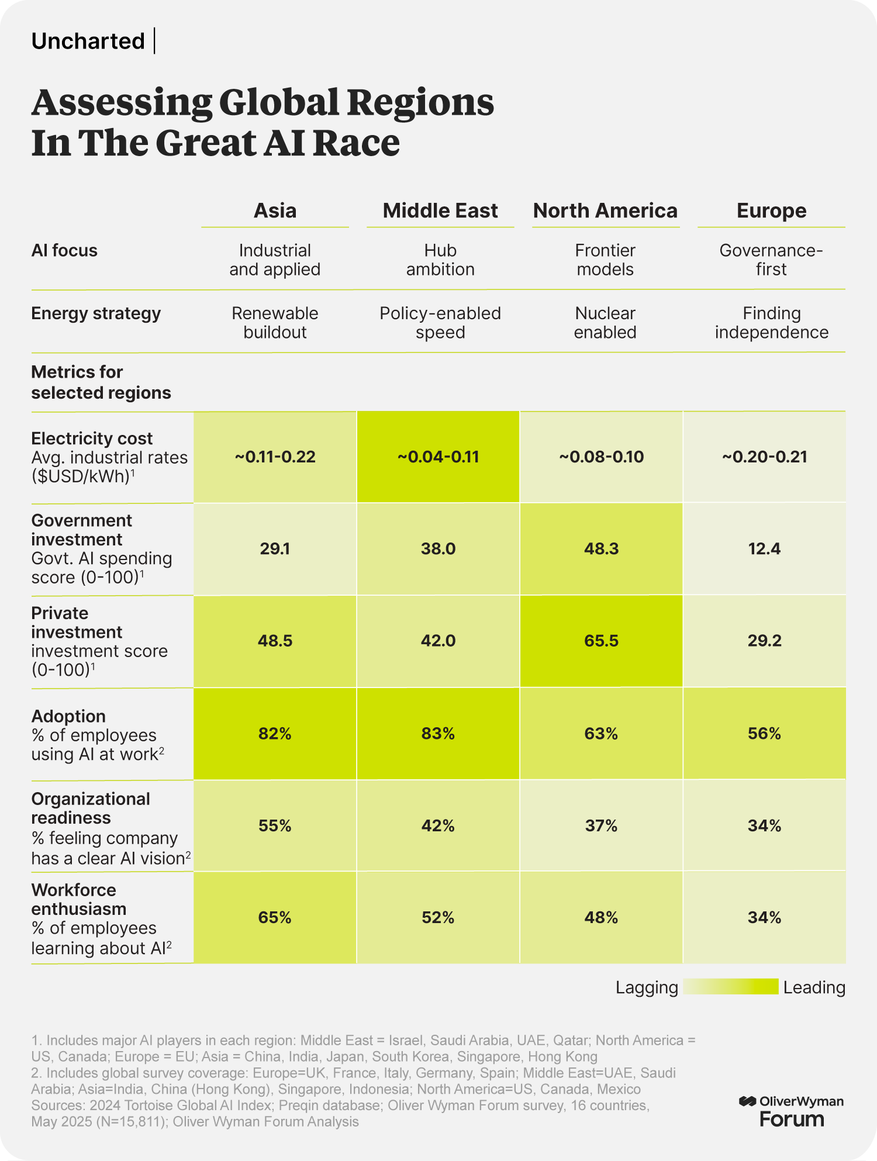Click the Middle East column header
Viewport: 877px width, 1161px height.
[x=440, y=210]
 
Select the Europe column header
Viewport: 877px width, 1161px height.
[x=771, y=210]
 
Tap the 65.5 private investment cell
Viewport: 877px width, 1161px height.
[x=601, y=641]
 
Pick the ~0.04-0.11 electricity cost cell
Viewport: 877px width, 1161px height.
[x=438, y=457]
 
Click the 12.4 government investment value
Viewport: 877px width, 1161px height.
[x=764, y=548]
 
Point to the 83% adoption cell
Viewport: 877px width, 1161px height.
[x=438, y=733]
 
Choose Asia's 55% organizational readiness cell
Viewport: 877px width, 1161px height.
[x=275, y=825]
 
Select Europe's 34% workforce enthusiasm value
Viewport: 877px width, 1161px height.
[x=764, y=917]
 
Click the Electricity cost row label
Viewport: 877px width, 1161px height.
[x=92, y=438]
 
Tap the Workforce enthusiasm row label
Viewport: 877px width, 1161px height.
[x=78, y=899]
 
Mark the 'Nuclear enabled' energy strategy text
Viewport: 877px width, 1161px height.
[x=605, y=323]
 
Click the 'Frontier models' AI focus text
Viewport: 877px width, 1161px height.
[x=605, y=260]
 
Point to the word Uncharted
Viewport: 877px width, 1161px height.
[x=88, y=41]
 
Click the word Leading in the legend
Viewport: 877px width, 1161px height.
[x=814, y=987]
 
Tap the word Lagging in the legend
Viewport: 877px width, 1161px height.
[x=647, y=987]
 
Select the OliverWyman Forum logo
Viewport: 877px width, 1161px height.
[x=792, y=1111]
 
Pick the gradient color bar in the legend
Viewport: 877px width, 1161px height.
[x=731, y=987]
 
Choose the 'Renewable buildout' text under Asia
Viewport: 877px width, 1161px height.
[x=275, y=323]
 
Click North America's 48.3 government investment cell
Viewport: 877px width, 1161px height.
[x=601, y=548]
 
